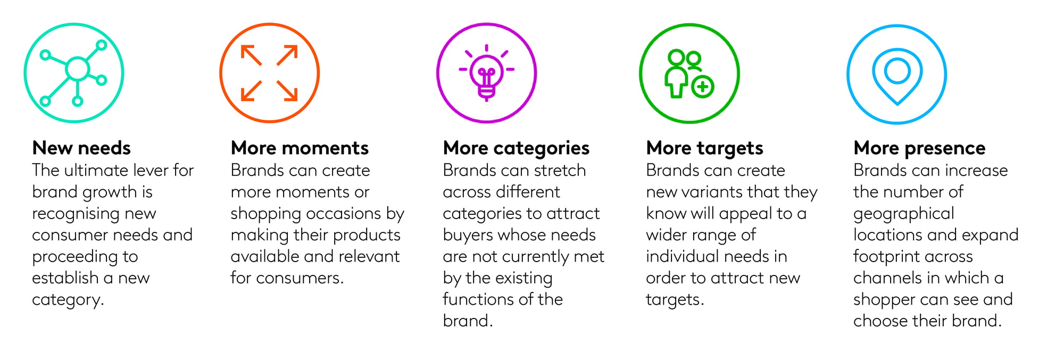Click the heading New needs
[81, 148]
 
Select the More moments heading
[300, 148]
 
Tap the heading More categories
[516, 148]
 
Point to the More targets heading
[704, 148]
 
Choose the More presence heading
[919, 148]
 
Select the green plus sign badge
[702, 86]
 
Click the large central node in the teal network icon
[78, 69]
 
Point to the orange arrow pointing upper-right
[287, 56]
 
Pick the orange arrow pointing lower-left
[252, 90]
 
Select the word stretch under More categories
[560, 170]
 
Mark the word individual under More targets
[683, 256]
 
